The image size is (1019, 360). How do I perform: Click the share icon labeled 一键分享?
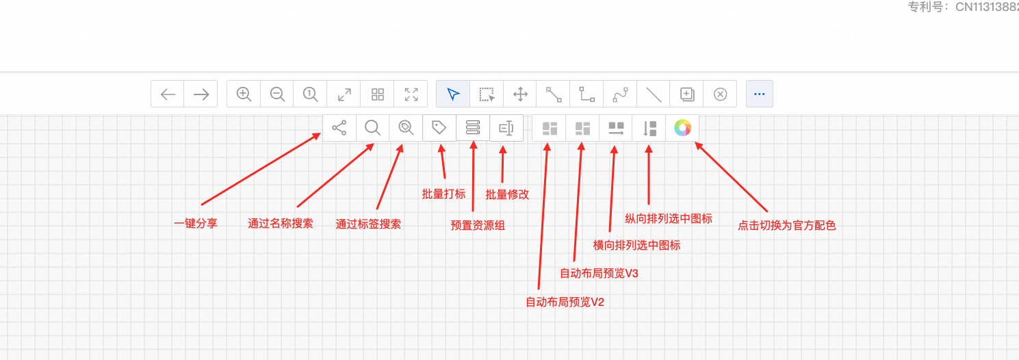339,127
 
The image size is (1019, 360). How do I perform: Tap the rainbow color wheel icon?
682,127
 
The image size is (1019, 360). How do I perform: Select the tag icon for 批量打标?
439,127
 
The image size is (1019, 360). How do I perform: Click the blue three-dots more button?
759,94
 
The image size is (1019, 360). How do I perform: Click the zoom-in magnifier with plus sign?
244,94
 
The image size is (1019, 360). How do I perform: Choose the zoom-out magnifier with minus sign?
277,94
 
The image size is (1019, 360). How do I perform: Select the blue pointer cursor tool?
453,94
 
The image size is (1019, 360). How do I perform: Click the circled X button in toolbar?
720,94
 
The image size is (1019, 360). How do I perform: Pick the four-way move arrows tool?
520,94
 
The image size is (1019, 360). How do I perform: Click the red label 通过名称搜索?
281,223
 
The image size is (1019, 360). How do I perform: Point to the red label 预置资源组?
478,224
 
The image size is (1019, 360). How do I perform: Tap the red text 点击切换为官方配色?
786,224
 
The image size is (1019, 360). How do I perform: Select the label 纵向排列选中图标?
669,218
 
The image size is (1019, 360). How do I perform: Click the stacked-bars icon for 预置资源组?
473,127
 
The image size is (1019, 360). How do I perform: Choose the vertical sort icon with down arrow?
649,127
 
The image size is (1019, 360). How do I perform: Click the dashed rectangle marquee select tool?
487,94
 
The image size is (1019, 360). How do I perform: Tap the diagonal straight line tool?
653,94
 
